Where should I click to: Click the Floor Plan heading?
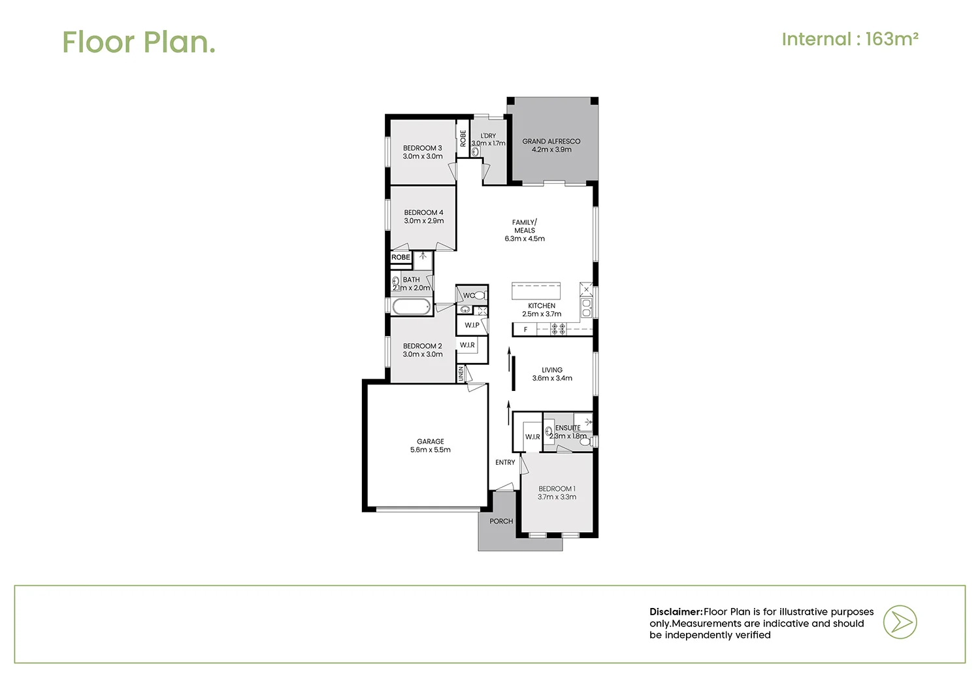(x=139, y=42)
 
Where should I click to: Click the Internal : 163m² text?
(x=850, y=39)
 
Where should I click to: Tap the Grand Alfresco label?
(x=551, y=145)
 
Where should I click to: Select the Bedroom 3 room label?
(x=422, y=152)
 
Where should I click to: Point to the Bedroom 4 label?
(x=423, y=216)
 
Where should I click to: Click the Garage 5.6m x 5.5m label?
(x=430, y=446)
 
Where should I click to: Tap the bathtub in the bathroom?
(x=412, y=307)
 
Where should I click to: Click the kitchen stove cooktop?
(x=558, y=330)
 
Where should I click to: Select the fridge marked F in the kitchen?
(x=525, y=330)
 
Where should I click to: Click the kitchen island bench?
(x=536, y=290)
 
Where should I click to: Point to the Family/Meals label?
(x=524, y=230)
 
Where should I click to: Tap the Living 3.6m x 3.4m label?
(x=551, y=374)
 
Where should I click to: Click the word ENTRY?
(x=505, y=462)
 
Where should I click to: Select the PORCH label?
(x=501, y=521)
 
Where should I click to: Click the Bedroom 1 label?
(x=557, y=493)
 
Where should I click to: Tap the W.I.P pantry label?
(x=472, y=325)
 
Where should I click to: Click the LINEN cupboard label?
(x=461, y=374)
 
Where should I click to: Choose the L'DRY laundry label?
(x=488, y=139)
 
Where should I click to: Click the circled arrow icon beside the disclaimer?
(x=900, y=622)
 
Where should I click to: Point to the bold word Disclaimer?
(x=676, y=612)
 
